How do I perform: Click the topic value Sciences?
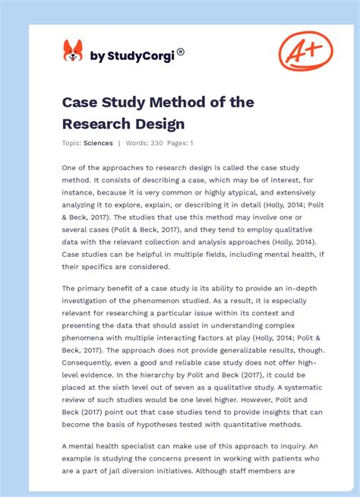(99, 143)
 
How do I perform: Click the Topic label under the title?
(71, 143)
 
